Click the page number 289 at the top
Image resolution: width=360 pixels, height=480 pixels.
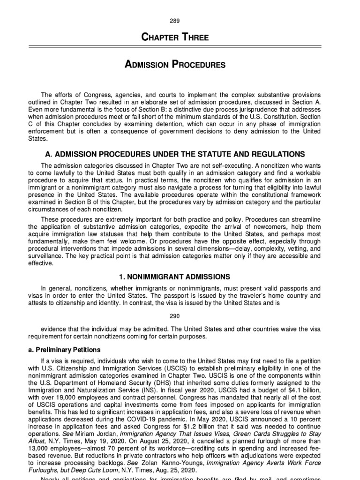click(x=180, y=21)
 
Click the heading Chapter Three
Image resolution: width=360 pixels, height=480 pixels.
click(x=180, y=38)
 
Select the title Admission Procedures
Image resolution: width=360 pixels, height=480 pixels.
click(x=180, y=65)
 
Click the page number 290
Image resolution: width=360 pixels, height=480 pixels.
click(x=180, y=315)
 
